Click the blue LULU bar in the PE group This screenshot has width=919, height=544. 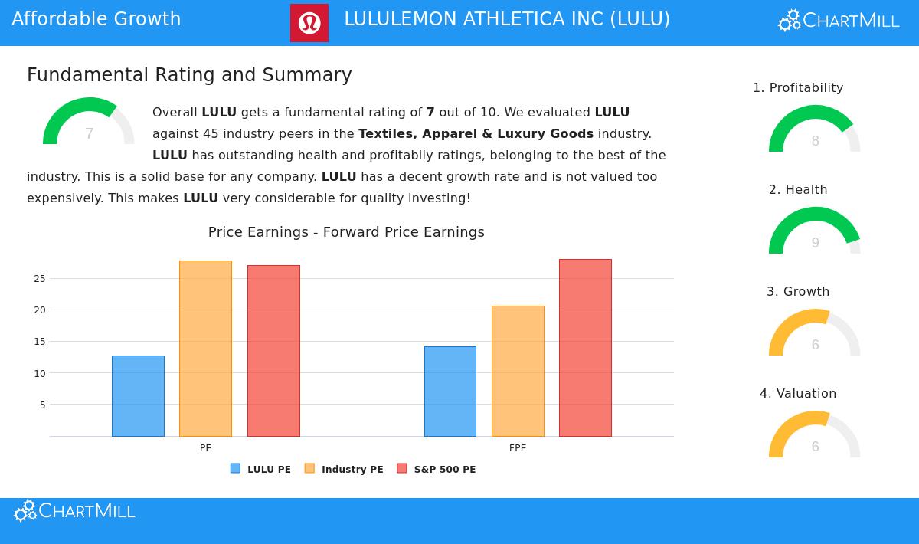pos(138,396)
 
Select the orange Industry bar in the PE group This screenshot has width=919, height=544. pos(205,349)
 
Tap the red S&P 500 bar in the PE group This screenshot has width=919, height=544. pos(273,351)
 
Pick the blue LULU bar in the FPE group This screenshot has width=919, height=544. pos(450,392)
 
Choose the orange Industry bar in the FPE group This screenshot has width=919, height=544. pos(518,372)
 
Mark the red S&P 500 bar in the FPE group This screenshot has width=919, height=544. pos(585,348)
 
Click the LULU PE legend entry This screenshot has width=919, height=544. pos(261,469)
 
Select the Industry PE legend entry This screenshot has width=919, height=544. pos(344,469)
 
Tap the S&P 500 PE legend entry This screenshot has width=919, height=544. pos(437,469)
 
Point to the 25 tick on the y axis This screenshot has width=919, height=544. pos(40,279)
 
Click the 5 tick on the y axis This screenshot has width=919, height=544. pos(42,405)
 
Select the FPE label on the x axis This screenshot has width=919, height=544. pos(518,448)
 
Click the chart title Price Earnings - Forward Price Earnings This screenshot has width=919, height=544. pos(346,232)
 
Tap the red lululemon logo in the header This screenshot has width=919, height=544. pos(309,23)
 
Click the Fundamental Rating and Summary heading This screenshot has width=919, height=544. pos(189,75)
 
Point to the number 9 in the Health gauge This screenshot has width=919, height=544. pos(815,243)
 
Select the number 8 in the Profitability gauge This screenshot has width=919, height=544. pos(815,141)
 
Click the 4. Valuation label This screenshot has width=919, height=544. pos(798,394)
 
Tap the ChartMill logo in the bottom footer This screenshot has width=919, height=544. pos(74,511)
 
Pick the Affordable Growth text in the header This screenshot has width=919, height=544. pos(96,19)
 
